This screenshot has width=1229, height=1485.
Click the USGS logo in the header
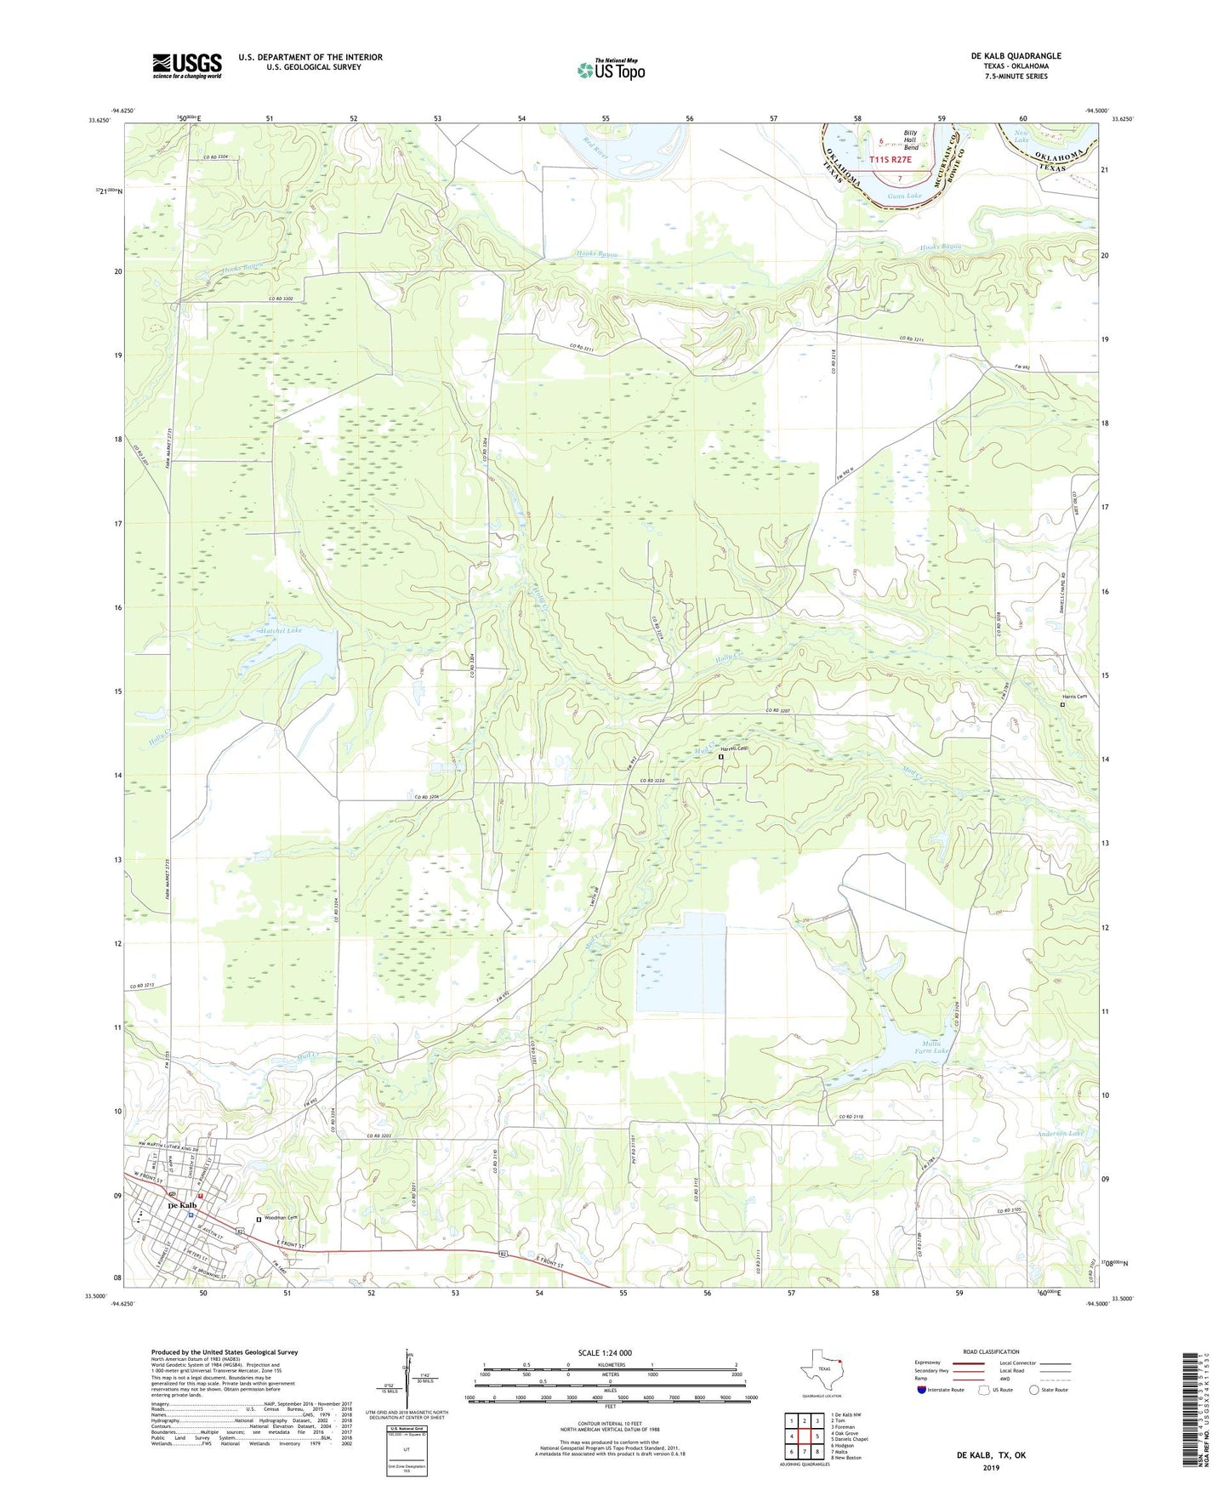(x=187, y=65)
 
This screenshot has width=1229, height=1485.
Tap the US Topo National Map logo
(x=611, y=70)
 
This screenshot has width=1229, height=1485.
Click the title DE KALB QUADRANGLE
(x=1016, y=56)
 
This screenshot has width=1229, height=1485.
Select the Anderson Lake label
(x=1061, y=1134)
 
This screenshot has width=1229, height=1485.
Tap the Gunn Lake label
(x=904, y=196)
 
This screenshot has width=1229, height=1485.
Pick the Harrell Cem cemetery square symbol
(x=721, y=756)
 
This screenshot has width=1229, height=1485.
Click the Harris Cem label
(x=1074, y=697)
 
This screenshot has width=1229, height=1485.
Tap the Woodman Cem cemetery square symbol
(x=259, y=1220)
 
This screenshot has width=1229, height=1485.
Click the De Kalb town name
(x=183, y=1205)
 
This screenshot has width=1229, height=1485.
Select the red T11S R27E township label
(x=890, y=159)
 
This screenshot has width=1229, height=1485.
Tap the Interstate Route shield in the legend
(x=923, y=1390)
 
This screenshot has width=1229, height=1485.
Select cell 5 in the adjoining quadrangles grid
(x=816, y=1437)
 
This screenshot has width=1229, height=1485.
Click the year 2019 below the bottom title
(x=991, y=1467)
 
